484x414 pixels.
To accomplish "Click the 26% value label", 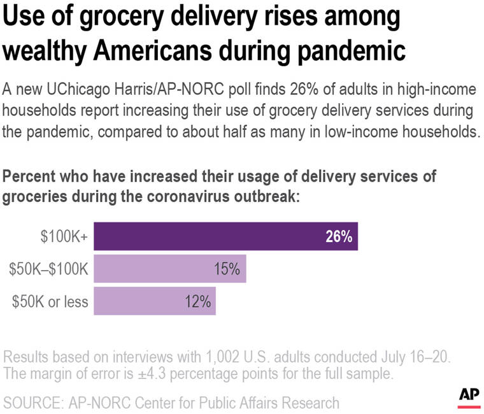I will click(x=339, y=237).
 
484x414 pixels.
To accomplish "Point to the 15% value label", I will click(x=227, y=269).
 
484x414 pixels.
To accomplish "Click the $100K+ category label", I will click(x=64, y=237).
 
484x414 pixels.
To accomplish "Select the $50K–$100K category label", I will click(x=48, y=269).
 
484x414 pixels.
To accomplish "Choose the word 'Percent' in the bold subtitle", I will click(x=28, y=176).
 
